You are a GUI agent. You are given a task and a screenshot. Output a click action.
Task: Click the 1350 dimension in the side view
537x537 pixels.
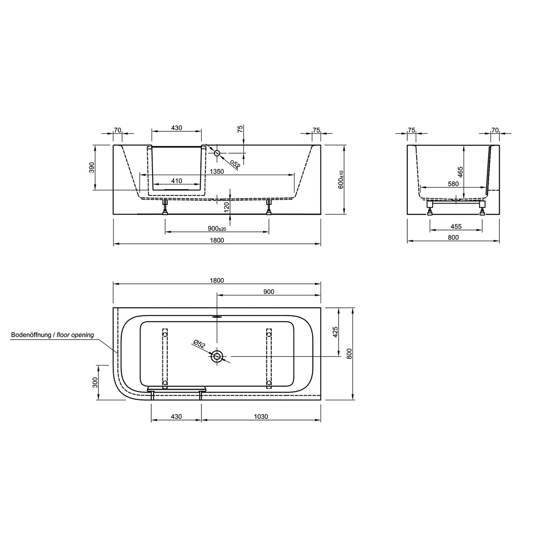click(x=217, y=171)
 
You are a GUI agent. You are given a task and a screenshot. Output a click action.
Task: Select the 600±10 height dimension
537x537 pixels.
click(x=341, y=179)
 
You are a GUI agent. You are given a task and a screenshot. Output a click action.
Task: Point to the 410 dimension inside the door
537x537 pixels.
click(x=176, y=181)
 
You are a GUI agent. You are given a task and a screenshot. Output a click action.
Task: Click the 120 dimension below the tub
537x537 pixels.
click(x=226, y=206)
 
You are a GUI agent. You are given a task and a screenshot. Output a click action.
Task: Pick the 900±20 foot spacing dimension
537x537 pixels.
click(x=217, y=229)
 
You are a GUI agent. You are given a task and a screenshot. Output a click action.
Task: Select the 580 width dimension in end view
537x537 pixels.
click(x=453, y=184)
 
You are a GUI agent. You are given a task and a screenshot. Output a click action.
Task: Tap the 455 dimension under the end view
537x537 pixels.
click(x=456, y=227)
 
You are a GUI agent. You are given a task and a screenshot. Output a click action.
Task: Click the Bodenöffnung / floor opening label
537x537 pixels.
click(x=52, y=335)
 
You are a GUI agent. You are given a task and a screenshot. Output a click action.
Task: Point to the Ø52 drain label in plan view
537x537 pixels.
click(x=199, y=344)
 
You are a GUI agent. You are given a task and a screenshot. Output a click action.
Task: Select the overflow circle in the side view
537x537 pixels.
click(x=217, y=153)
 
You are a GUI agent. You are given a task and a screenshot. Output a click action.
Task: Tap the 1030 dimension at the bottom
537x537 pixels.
click(x=261, y=417)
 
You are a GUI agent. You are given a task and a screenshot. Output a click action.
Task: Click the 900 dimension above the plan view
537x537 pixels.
click(x=268, y=292)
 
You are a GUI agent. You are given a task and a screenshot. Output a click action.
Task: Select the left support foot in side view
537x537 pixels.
click(x=165, y=208)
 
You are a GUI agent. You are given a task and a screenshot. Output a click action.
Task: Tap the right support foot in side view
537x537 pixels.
click(x=269, y=208)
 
